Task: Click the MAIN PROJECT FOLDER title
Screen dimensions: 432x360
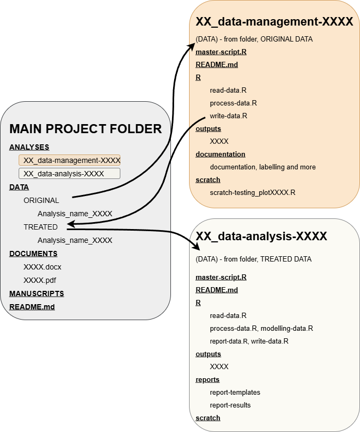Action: click(x=85, y=128)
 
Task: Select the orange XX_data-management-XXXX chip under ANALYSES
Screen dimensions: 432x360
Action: click(x=69, y=160)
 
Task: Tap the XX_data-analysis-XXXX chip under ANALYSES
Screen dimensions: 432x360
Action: click(x=69, y=174)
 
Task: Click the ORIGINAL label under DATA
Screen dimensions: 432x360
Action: click(x=41, y=200)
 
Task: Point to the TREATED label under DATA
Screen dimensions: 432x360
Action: click(x=40, y=227)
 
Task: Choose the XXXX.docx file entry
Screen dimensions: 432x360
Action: click(x=43, y=267)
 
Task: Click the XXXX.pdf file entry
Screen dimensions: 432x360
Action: click(x=40, y=280)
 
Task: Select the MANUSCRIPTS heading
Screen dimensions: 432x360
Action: click(x=36, y=294)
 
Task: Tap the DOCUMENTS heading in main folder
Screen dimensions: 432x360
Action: click(x=33, y=254)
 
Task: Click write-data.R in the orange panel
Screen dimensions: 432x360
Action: click(x=228, y=116)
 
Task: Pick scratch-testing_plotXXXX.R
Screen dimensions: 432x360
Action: click(x=252, y=192)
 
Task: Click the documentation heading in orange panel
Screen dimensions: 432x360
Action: click(x=220, y=154)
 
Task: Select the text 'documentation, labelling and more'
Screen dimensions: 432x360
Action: click(x=263, y=167)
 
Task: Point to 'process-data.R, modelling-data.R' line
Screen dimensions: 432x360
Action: click(x=261, y=328)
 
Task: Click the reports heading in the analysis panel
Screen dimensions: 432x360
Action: click(x=207, y=379)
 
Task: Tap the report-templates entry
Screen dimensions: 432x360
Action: click(x=235, y=392)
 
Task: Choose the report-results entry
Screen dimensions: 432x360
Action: click(x=230, y=405)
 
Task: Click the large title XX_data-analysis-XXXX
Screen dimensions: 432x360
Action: click(x=261, y=236)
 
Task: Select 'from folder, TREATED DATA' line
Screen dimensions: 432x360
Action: click(x=253, y=259)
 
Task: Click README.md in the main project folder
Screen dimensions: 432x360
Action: click(x=32, y=307)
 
